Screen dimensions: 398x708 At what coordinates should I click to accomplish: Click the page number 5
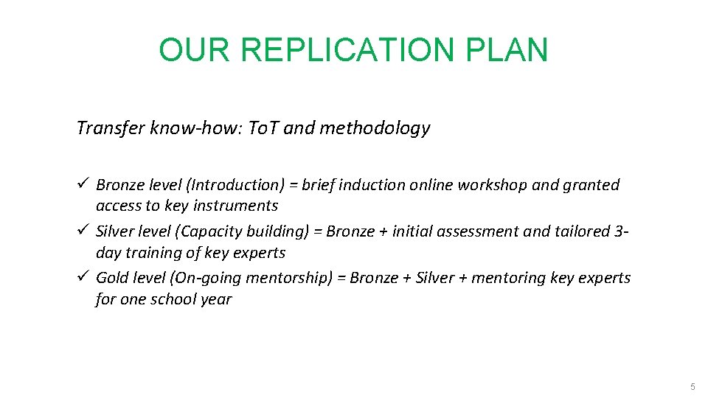click(692, 387)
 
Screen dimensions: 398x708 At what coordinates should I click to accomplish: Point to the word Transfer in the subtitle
click(109, 128)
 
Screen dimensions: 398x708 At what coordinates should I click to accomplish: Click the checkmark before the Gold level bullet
click(82, 278)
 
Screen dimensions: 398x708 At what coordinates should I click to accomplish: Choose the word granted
click(591, 185)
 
